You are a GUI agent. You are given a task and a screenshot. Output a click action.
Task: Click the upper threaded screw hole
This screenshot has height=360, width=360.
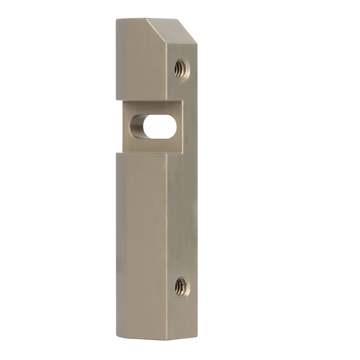coord(182,70)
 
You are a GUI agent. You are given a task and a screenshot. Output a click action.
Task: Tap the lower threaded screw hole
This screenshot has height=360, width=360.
coord(182,287)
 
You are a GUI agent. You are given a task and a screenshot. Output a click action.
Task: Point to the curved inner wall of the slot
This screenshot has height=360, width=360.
coord(137,126)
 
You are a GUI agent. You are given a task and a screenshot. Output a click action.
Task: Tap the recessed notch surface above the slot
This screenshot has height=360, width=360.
coord(153,107)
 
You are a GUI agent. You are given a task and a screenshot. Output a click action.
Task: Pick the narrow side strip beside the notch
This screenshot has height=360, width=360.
coord(189,126)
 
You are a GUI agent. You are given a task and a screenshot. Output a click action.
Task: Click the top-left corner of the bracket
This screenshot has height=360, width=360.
coord(117,19)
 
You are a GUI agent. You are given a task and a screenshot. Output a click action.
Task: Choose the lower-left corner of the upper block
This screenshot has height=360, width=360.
coord(117,99)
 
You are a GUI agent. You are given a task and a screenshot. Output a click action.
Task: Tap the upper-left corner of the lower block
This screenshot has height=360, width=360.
coord(117,153)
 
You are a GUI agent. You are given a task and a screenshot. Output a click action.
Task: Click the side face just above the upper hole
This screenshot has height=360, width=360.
coord(182,53)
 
